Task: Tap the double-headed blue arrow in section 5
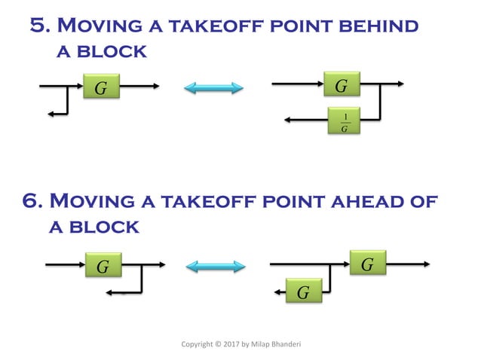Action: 214,88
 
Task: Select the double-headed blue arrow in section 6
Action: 216,266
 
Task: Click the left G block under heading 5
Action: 101,88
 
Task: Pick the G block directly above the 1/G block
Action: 342,86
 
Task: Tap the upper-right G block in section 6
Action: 368,265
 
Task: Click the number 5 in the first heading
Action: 38,26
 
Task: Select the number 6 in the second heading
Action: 32,202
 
